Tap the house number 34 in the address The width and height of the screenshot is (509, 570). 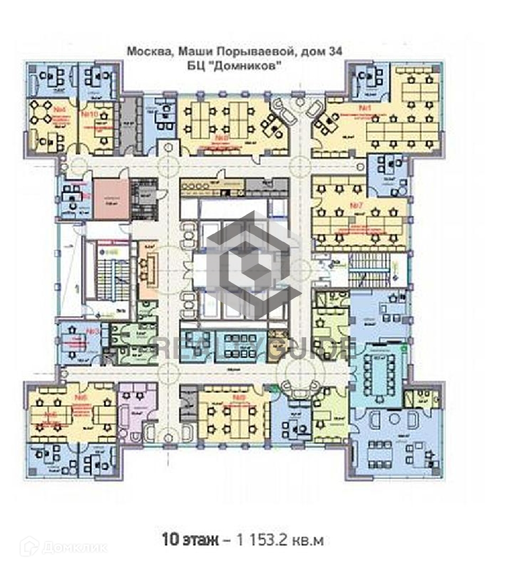[334, 51]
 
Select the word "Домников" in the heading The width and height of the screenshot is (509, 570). [253, 66]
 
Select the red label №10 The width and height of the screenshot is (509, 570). [89, 113]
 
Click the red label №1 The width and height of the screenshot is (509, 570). [364, 108]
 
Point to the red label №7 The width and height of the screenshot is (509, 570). [358, 204]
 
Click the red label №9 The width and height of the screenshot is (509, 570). [240, 397]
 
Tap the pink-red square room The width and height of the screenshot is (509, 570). [111, 199]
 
